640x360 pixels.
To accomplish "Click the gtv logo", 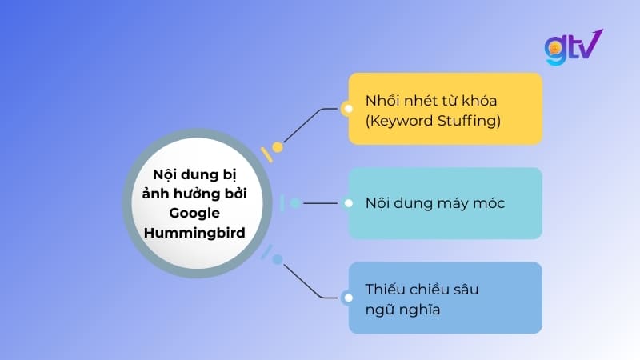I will click(574, 48).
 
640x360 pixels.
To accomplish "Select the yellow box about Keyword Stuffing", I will click(446, 109).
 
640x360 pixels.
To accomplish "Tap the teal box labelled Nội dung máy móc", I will click(446, 203).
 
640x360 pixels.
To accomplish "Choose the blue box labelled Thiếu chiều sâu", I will click(446, 298).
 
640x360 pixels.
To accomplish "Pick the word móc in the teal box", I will click(488, 203).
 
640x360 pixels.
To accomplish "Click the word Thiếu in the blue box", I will click(384, 289).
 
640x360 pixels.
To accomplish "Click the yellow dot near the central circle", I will click(278, 147).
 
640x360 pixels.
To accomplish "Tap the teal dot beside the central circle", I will click(295, 203).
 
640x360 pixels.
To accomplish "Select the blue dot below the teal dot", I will click(278, 259).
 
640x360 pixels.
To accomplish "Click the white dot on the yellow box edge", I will click(347, 108).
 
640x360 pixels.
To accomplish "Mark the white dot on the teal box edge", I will click(347, 203).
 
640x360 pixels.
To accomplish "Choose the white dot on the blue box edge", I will click(347, 298).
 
